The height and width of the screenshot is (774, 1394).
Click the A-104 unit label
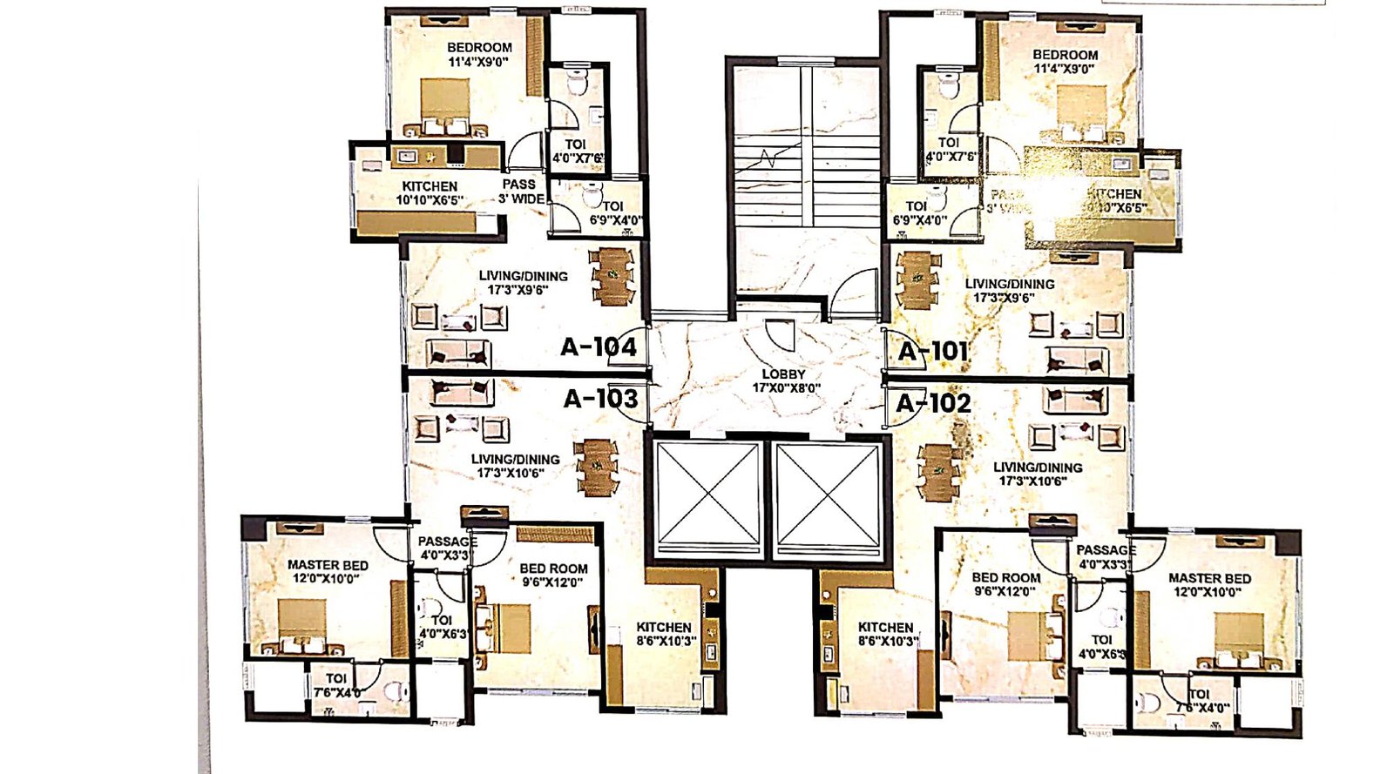599,347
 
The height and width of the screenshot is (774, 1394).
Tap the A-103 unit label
600,399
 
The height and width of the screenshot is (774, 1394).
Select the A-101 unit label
933,352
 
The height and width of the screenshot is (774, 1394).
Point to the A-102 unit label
933,404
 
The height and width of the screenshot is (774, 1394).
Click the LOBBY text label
784,374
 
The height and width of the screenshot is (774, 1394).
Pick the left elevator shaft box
708,496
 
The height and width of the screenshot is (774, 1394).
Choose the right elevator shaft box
829,496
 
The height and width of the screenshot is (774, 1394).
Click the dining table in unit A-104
613,276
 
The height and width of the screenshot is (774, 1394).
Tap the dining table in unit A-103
597,468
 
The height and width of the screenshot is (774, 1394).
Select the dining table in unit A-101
917,279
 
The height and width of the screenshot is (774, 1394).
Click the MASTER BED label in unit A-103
328,565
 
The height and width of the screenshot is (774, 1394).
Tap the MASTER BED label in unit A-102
1209,578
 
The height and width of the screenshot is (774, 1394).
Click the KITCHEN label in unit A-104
430,186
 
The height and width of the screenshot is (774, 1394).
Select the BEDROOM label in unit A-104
479,47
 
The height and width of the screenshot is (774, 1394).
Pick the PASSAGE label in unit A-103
447,542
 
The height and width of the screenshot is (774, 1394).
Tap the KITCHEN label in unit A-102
885,627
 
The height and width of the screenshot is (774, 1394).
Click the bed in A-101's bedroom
1080,111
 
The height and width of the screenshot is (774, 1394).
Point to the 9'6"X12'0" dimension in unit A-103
552,582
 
